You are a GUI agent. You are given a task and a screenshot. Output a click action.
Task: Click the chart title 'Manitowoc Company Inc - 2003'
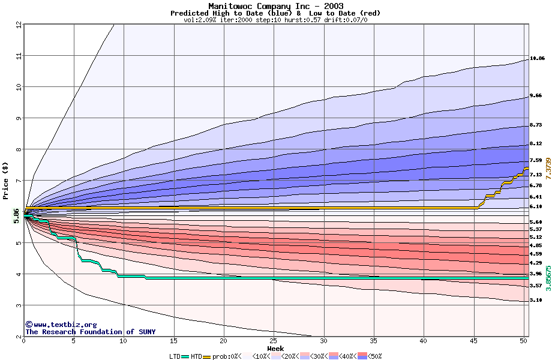275,6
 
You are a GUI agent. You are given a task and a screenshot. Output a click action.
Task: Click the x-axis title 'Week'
275,348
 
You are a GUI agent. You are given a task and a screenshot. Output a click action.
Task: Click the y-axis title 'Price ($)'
5,180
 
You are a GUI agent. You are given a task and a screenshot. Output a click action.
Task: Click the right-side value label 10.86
537,59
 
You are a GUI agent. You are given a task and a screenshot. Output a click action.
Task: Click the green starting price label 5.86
17,215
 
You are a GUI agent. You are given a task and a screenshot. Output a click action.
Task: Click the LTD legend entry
175,356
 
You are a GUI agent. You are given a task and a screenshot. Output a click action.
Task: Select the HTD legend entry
196,356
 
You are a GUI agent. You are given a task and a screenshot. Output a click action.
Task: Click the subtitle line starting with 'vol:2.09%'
275,20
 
